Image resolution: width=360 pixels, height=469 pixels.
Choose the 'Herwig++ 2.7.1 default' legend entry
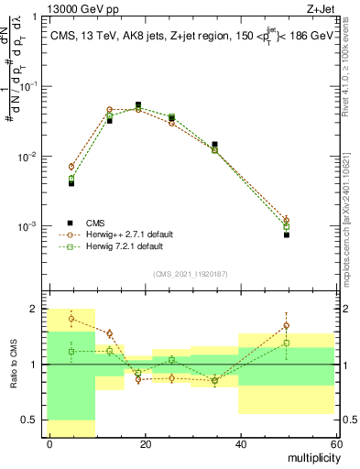128,234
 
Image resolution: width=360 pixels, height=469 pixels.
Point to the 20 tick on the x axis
145,444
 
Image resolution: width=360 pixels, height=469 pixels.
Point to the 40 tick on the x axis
240,444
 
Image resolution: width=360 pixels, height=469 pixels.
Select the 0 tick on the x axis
49,444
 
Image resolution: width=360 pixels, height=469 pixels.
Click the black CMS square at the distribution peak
138,105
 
